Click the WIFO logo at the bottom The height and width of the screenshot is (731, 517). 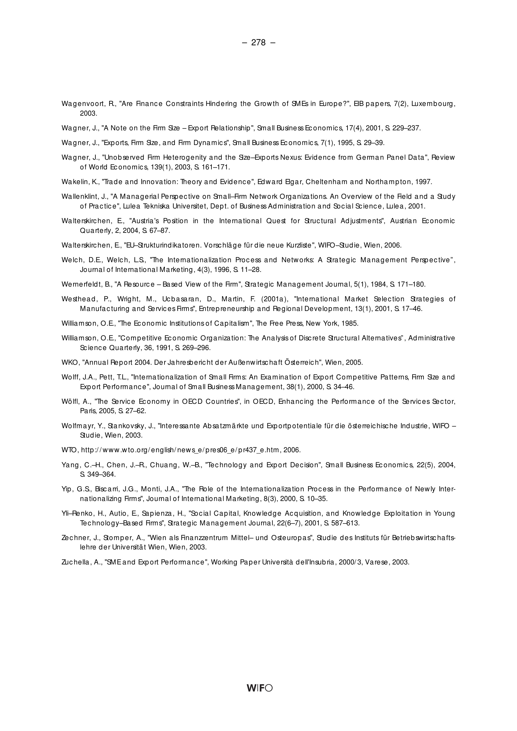coord(260,688)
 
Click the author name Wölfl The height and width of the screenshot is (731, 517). coord(68,402)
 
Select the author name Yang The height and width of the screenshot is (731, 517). coord(69,465)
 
